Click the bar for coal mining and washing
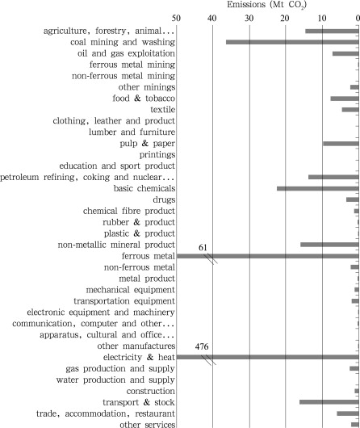click(292, 42)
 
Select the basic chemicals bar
click(318, 188)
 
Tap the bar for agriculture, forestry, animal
click(332, 31)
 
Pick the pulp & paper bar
click(341, 144)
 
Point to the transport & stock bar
click(329, 402)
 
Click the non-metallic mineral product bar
click(329, 245)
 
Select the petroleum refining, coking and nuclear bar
click(333, 177)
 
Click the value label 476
click(202, 346)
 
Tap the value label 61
click(203, 248)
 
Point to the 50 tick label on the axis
click(176, 19)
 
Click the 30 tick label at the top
click(249, 19)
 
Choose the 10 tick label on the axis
click(322, 19)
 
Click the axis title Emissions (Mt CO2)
click(267, 5)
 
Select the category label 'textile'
click(163, 110)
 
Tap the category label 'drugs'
click(164, 199)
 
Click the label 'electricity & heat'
click(139, 357)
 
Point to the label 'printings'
click(157, 155)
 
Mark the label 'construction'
click(151, 391)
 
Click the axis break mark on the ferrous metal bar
click(211, 258)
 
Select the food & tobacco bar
click(345, 99)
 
